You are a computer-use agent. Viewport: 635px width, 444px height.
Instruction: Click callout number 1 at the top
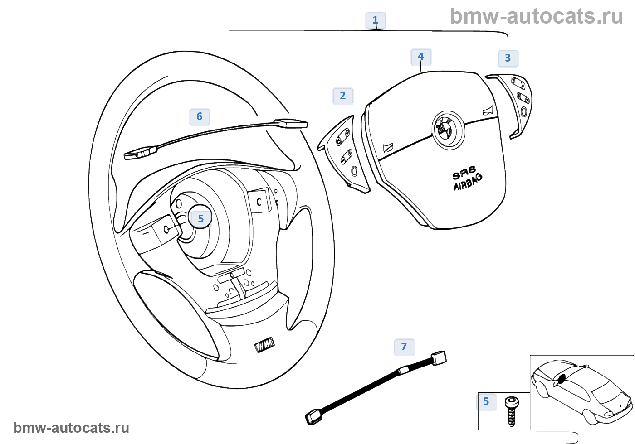point(375,20)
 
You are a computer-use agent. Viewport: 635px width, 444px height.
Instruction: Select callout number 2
point(342,96)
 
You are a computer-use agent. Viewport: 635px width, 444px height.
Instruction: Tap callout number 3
point(508,58)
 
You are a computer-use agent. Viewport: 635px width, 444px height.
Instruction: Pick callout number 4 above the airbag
point(420,57)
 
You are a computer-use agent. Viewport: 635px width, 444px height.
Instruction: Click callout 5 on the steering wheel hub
point(200,219)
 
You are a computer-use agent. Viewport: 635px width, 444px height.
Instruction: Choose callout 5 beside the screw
point(486,401)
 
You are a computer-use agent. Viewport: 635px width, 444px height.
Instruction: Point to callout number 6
point(199,116)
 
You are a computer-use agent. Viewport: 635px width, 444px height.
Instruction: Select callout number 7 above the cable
point(404,347)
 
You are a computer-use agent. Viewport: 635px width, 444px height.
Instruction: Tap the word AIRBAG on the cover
point(468,182)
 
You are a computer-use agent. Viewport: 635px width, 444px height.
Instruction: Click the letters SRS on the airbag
point(464,173)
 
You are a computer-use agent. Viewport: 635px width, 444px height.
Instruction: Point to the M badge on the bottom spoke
point(265,345)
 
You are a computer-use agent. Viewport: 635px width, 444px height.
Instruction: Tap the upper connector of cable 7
point(439,358)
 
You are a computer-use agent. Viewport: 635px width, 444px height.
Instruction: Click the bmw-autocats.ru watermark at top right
point(536,16)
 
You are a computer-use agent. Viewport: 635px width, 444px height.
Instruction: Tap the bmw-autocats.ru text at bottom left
point(71,428)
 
